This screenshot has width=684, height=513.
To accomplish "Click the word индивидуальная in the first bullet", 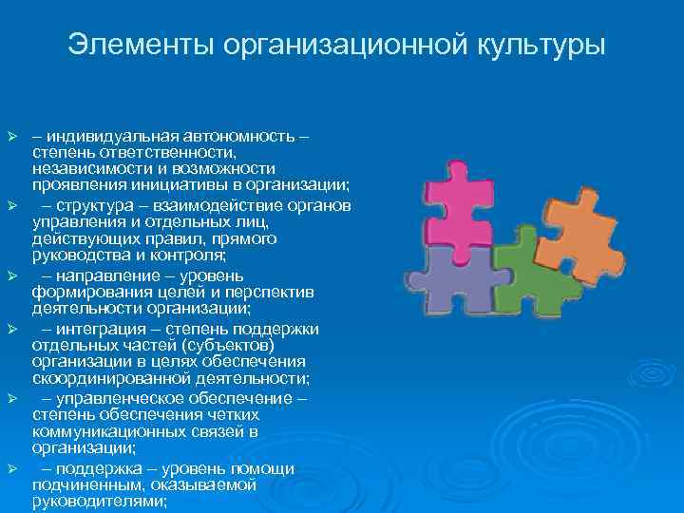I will tap(104, 138).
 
